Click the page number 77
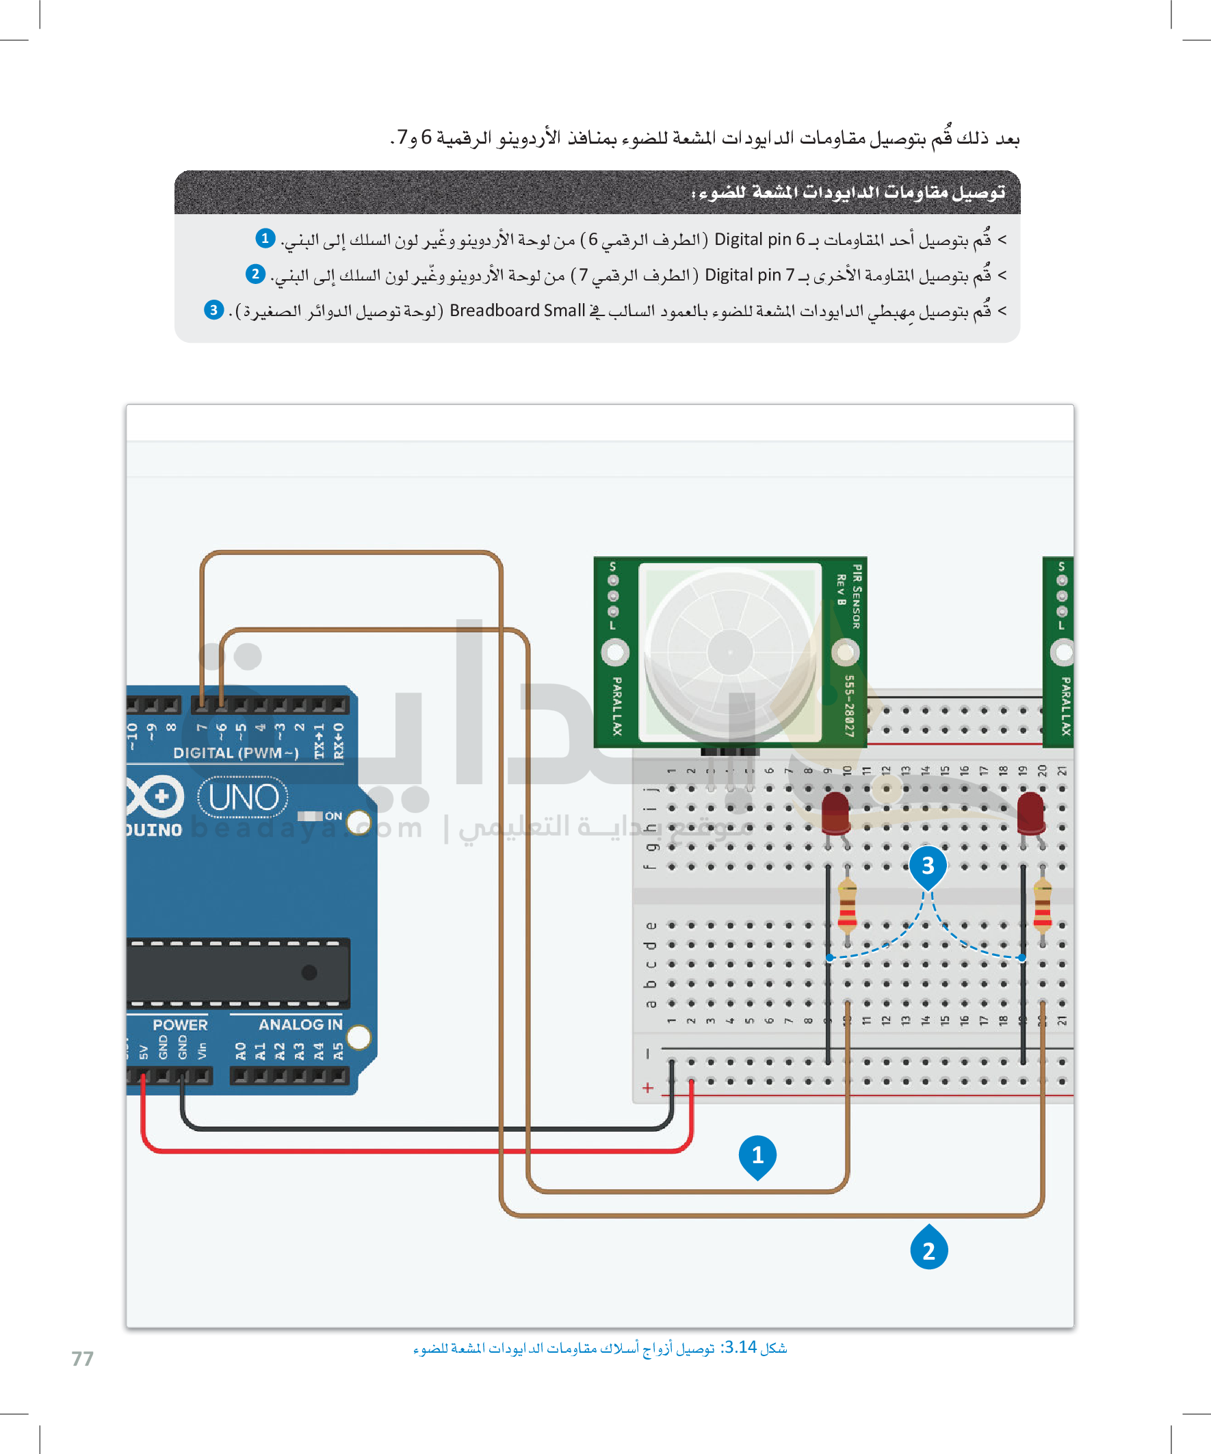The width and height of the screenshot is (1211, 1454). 82,1358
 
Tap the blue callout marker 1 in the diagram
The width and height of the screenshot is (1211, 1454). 757,1156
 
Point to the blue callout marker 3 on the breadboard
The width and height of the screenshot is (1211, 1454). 928,866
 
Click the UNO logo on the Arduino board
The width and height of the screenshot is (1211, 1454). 243,797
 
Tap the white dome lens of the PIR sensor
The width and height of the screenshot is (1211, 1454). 730,652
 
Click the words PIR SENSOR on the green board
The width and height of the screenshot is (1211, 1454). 857,596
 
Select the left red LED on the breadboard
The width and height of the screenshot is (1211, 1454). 835,812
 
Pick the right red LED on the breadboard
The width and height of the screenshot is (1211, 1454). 1031,812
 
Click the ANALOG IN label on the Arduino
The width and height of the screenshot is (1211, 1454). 300,1025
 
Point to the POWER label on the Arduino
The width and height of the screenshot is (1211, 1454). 180,1025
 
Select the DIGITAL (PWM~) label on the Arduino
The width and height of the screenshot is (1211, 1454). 235,753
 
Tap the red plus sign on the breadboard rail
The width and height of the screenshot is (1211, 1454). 647,1088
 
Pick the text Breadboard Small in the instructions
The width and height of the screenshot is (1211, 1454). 517,311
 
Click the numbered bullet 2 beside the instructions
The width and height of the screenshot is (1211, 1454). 255,274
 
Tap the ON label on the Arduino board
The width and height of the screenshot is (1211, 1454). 333,816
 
